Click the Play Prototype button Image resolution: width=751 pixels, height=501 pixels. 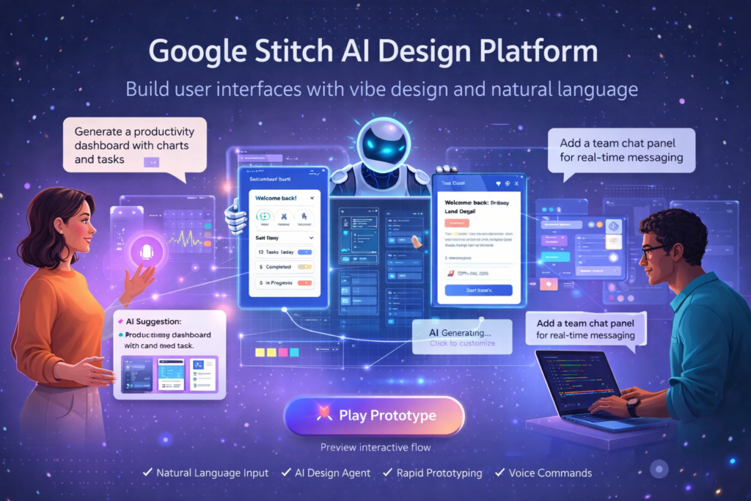pyautogui.click(x=375, y=416)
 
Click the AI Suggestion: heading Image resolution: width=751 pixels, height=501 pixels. pyautogui.click(x=154, y=321)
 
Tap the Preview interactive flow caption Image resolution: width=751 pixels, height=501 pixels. pyautogui.click(x=375, y=447)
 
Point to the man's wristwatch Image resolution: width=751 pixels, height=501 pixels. pyautogui.click(x=632, y=408)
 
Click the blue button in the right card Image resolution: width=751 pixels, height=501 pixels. pyautogui.click(x=478, y=290)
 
